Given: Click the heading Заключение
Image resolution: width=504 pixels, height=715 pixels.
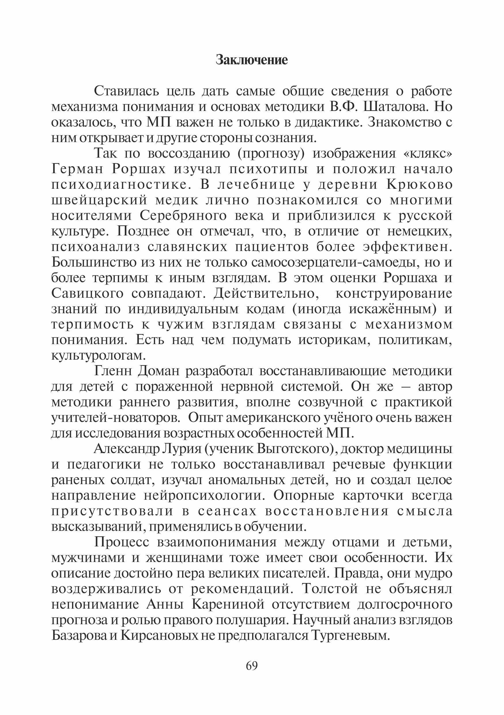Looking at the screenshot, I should point(252,60).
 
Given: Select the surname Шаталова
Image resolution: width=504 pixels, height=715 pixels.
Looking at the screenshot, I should point(395,107).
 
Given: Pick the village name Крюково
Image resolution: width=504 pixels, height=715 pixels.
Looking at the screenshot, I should point(419,185).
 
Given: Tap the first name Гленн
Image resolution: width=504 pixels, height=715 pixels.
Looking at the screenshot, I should point(113,371).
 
